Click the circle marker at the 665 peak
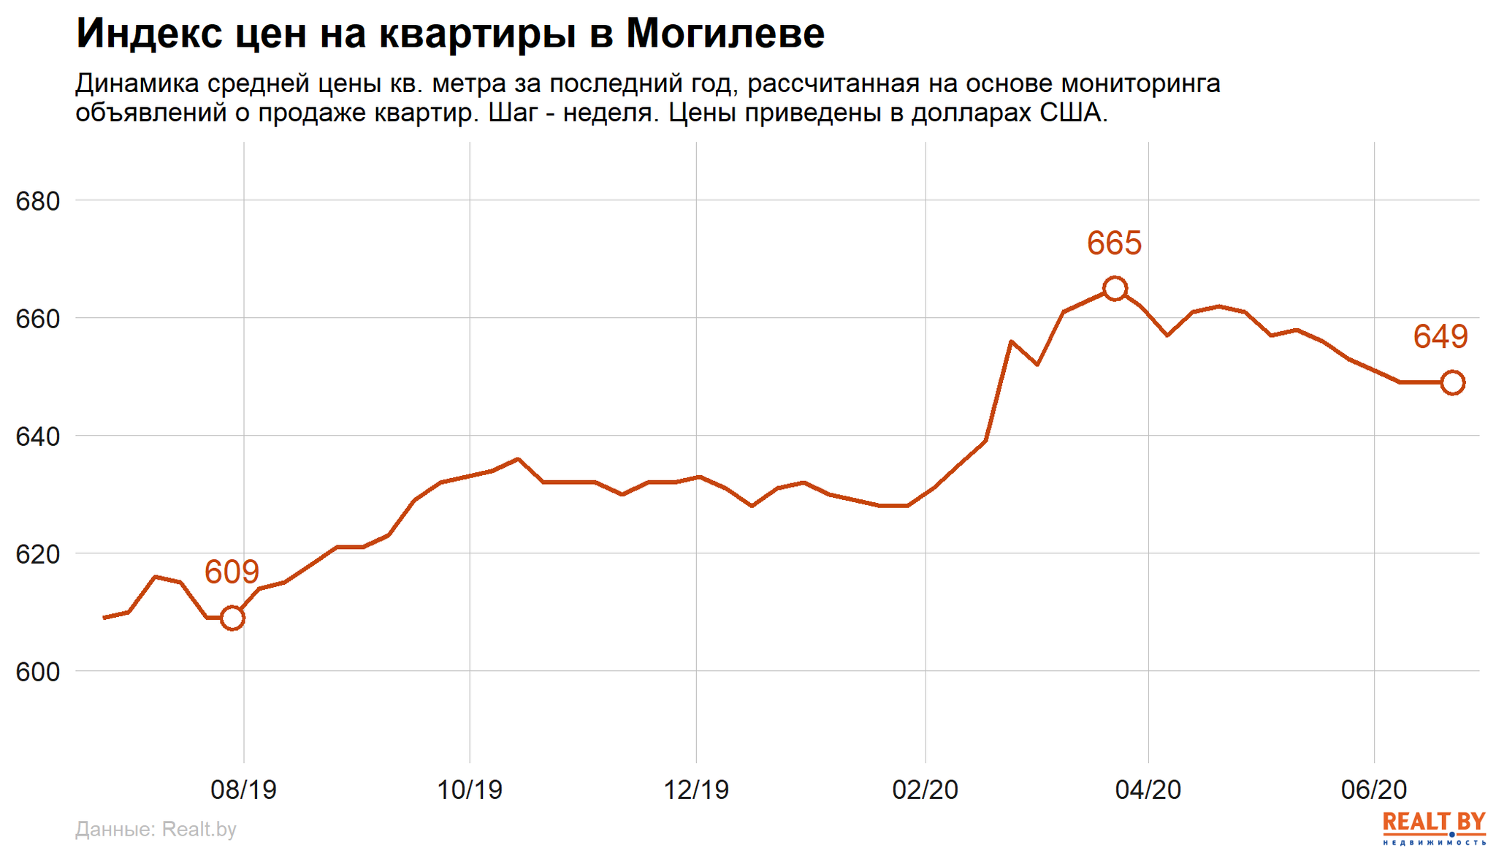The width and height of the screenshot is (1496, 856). pos(1114,289)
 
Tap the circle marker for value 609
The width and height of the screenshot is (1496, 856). pos(232,618)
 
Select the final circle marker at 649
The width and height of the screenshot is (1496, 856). pos(1452,382)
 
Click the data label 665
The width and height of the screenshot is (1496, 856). pos(1114,243)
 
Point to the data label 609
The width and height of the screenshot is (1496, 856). pos(232,572)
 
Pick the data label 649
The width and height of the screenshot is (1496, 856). pos(1440,336)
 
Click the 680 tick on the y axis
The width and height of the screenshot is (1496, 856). pos(37,201)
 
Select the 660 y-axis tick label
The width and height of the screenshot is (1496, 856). pos(37,319)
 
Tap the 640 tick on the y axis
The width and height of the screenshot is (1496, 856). pos(37,436)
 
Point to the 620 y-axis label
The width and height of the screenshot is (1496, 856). pos(37,554)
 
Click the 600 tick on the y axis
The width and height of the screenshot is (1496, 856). pos(37,672)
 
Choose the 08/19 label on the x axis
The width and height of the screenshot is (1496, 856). pos(243,789)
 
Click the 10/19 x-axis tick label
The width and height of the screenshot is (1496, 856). pos(470,789)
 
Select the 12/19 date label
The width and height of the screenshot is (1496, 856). pos(696,789)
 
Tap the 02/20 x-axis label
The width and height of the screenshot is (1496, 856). pos(926,789)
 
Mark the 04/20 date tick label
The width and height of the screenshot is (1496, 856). pos(1148,789)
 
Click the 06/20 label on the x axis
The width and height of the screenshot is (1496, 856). pos(1374,789)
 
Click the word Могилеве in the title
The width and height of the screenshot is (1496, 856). pos(725,34)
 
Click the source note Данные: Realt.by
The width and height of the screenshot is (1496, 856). pos(156,829)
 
